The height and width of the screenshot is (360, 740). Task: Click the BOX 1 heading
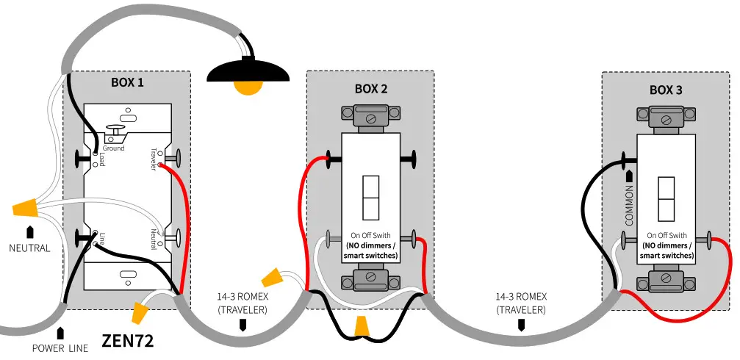pyautogui.click(x=127, y=82)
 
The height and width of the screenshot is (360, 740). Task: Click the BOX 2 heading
pyautogui.click(x=370, y=89)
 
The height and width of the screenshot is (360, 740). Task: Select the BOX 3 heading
pyautogui.click(x=666, y=90)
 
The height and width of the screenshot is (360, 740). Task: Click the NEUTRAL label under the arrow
pyautogui.click(x=29, y=248)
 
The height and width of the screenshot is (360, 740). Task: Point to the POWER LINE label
pyautogui.click(x=60, y=348)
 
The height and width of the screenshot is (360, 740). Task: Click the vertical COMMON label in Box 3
pyautogui.click(x=628, y=207)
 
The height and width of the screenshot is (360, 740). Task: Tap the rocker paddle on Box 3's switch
pyautogui.click(x=666, y=198)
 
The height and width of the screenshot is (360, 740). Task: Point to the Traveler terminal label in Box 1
pyautogui.click(x=154, y=156)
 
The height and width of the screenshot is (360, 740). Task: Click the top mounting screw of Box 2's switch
pyautogui.click(x=370, y=114)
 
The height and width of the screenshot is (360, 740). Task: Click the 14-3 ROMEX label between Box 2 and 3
pyautogui.click(x=520, y=303)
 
